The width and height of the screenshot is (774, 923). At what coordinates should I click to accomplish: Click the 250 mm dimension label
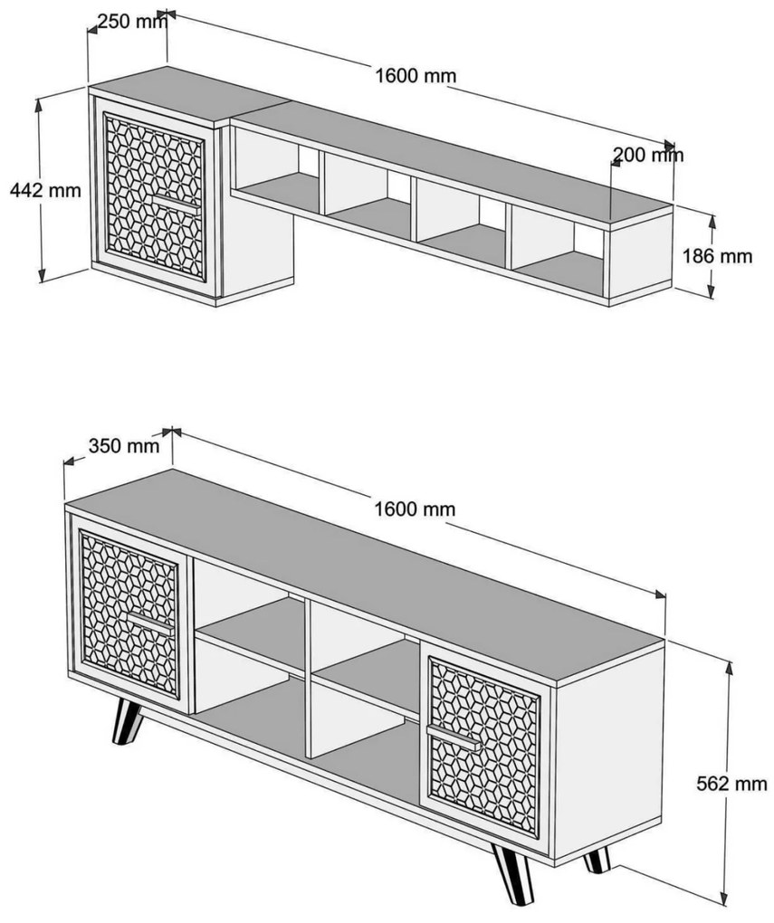132,22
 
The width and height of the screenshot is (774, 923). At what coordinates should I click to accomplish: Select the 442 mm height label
45,190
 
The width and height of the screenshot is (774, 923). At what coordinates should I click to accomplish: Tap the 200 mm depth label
648,155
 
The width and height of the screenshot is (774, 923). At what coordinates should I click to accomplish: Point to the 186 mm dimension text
718,256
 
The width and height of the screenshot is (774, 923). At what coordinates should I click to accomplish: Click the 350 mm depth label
124,445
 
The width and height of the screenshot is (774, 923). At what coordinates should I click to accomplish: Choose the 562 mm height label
731,784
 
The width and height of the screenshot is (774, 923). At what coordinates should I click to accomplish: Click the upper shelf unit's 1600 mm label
416,76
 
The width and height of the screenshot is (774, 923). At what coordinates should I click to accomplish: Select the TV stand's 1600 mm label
416,508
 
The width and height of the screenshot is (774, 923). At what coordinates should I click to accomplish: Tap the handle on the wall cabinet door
176,202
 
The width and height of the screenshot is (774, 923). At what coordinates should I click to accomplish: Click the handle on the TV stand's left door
150,621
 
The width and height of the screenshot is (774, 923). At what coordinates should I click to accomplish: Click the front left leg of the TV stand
128,721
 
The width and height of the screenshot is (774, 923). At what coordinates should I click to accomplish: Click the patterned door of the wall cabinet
154,197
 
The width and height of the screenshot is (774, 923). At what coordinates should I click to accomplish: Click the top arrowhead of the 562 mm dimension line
730,667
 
